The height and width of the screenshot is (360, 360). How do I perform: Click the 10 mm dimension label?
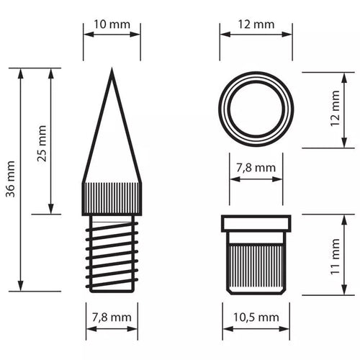pyautogui.click(x=112, y=24)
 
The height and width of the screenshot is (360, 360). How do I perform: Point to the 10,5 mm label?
pyautogui.click(x=256, y=317)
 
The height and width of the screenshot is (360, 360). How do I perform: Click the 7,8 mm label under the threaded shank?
pyautogui.click(x=112, y=317)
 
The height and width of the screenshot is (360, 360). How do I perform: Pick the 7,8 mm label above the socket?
pyautogui.click(x=256, y=168)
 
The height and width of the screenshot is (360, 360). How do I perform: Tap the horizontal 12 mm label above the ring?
pyautogui.click(x=256, y=24)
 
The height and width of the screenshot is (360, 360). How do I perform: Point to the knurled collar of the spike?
pyautogui.click(x=112, y=198)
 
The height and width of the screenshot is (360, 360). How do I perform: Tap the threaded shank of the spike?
pyautogui.click(x=112, y=252)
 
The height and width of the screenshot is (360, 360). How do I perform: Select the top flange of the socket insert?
pyautogui.click(x=256, y=222)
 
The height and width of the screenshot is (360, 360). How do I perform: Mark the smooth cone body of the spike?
pyautogui.click(x=112, y=144)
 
